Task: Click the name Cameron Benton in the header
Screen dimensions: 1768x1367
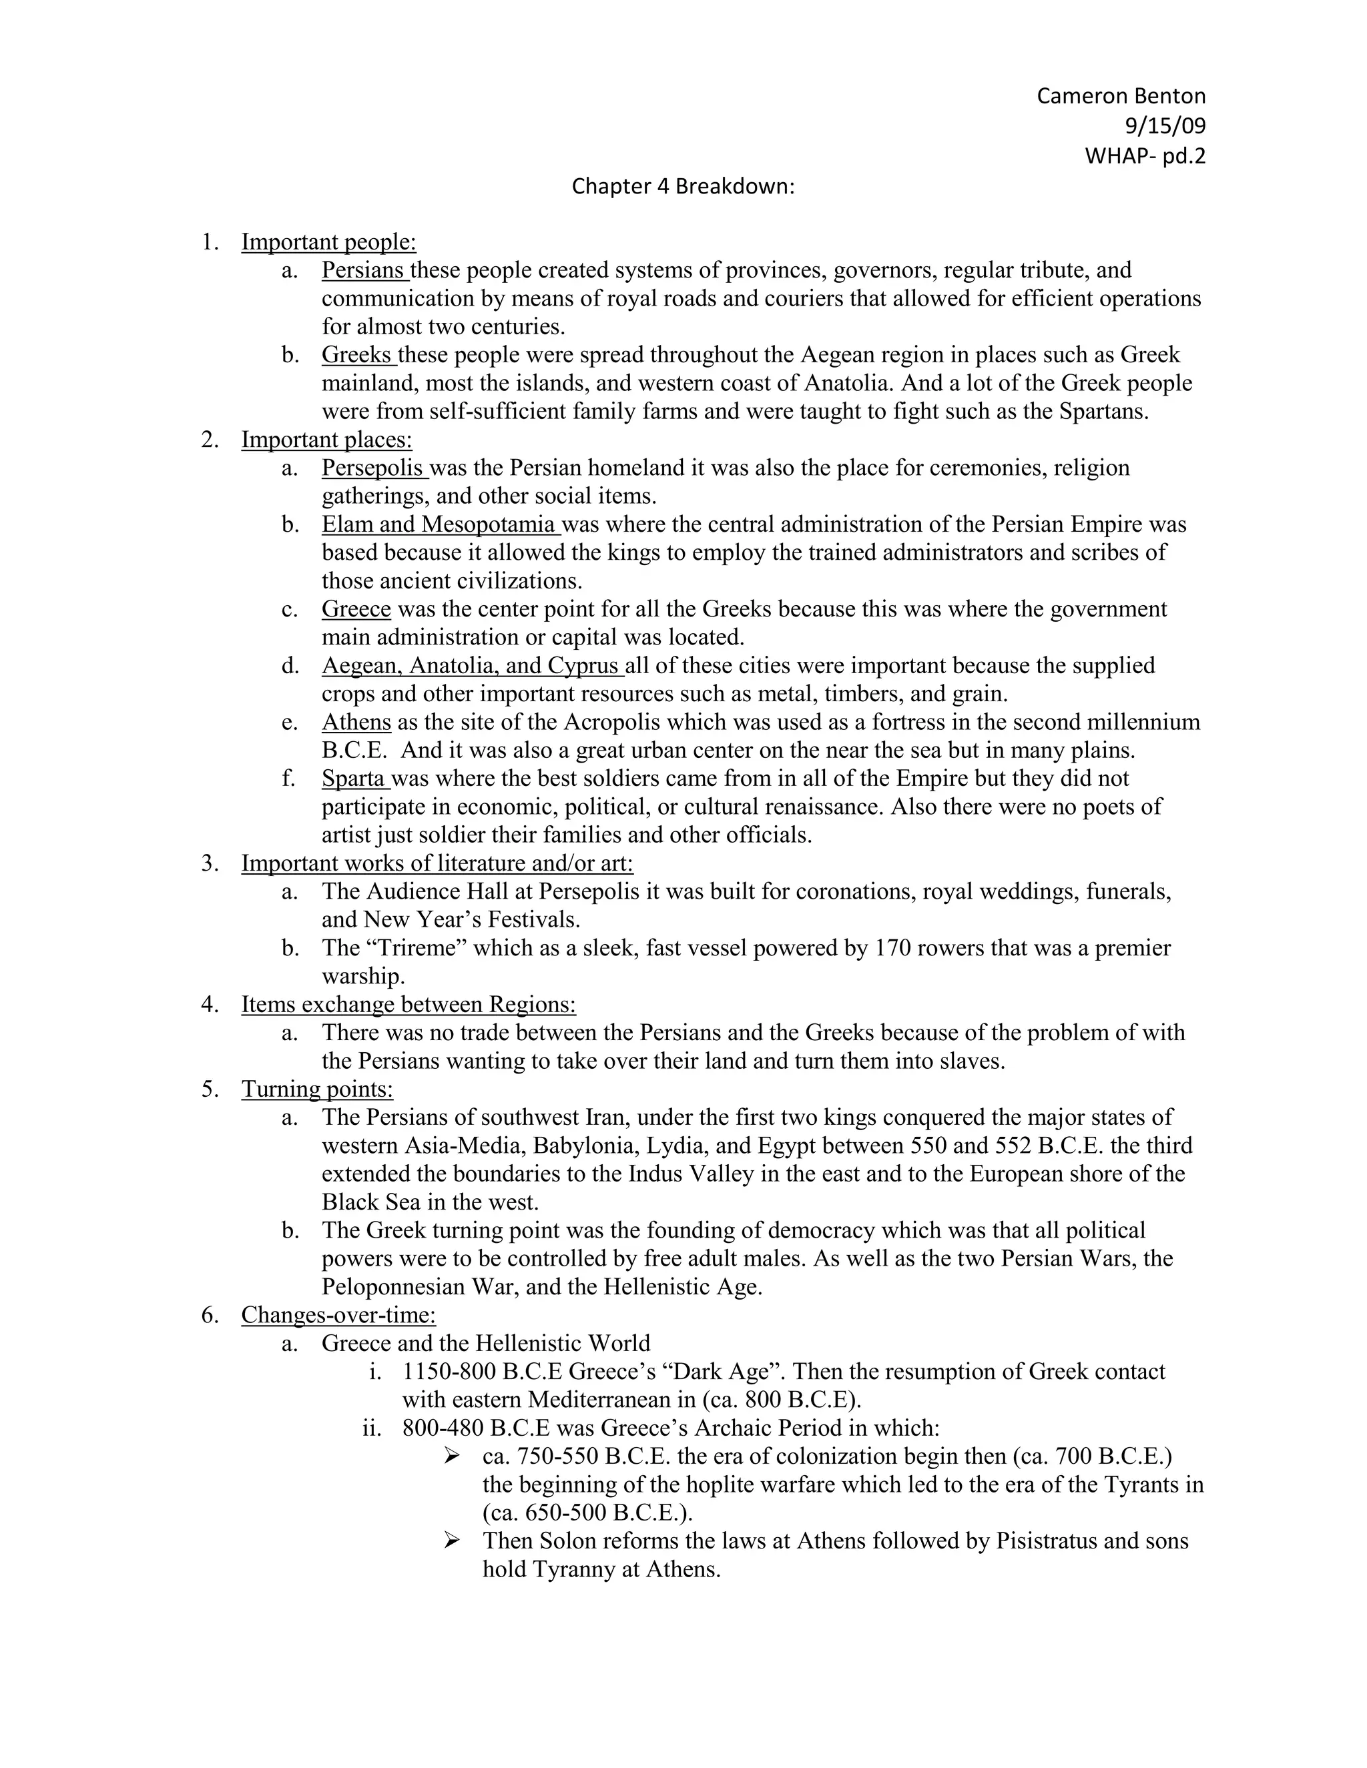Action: [1120, 96]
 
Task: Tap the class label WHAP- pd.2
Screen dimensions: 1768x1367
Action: [1144, 155]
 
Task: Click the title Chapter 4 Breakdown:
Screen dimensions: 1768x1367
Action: [683, 186]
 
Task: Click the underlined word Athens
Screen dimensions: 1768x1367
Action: [356, 722]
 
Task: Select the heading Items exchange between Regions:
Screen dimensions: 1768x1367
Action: [408, 1005]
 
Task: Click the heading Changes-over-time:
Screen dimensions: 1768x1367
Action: [338, 1316]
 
